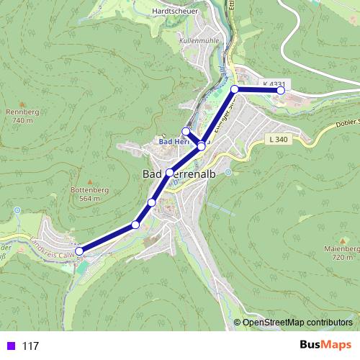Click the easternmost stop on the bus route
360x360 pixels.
(x=281, y=91)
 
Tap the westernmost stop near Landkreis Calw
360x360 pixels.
(x=80, y=251)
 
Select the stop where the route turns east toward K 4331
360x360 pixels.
(x=235, y=89)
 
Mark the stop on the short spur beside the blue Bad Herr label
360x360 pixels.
(x=186, y=131)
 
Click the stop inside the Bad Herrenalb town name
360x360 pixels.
(x=169, y=173)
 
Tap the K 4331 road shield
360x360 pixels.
(x=274, y=84)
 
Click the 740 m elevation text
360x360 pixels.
(x=22, y=121)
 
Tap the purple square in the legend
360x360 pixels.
(x=9, y=346)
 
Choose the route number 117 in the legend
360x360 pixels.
(x=30, y=346)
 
